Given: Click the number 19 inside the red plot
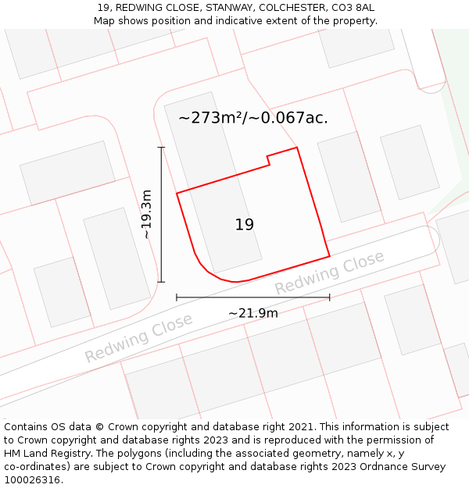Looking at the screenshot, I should click(245, 225).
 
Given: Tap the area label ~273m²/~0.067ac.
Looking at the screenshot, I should click(253, 118).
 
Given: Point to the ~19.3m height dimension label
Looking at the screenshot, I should click(147, 214).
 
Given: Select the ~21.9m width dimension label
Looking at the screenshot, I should click(253, 313).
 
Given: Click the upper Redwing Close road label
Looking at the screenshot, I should click(329, 272).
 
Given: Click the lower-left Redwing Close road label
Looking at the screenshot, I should click(138, 338).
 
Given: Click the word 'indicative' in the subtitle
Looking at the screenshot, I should click(234, 20).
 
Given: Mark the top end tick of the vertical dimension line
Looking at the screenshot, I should click(162, 147).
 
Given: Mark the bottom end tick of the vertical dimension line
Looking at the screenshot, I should click(162, 282).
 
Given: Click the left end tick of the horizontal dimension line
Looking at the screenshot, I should click(177, 297).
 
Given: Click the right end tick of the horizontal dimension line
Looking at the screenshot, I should click(330, 297).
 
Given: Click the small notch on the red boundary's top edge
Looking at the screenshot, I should click(269, 160).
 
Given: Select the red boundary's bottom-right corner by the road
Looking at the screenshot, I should click(329, 255).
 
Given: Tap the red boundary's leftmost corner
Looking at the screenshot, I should click(177, 193).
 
